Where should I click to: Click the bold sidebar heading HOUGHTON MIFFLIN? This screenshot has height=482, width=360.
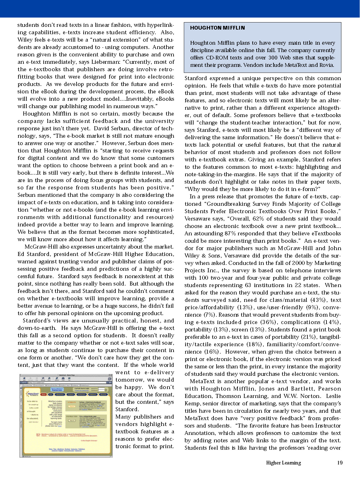tap(217, 28)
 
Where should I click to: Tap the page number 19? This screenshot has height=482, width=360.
tap(340, 463)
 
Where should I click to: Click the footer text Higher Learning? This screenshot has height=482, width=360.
tap(283, 463)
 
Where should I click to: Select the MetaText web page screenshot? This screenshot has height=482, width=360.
tap(66, 415)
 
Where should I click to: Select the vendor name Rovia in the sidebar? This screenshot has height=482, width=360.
tap(326, 65)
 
